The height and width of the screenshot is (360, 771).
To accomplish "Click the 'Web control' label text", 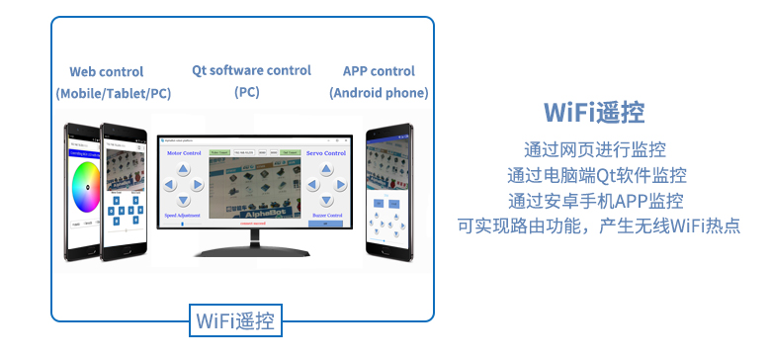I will click(x=106, y=72).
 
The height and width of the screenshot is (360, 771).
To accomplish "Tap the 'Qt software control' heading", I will click(x=251, y=71).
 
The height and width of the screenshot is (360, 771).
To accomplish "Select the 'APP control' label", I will click(x=379, y=71).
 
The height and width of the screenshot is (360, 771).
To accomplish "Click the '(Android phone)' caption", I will click(x=379, y=93).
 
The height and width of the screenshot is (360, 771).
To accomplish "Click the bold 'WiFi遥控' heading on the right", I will click(x=595, y=112).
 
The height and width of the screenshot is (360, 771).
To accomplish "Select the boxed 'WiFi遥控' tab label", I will click(x=235, y=320).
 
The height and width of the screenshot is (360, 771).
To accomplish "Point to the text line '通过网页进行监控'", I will click(x=595, y=150).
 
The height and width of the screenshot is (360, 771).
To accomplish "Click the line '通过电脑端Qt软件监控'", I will click(x=595, y=175).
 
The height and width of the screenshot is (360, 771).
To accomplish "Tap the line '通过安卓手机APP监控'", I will click(x=595, y=200).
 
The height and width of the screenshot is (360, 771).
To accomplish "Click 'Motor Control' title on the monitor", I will click(x=184, y=153).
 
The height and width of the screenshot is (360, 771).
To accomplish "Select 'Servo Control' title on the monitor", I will click(x=326, y=153).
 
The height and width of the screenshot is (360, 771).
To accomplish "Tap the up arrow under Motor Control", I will click(x=184, y=170).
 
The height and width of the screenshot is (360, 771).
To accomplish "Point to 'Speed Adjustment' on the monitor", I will click(x=182, y=214).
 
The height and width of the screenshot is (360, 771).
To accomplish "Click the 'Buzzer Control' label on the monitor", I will click(x=326, y=214).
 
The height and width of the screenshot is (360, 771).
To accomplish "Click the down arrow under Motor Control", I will click(x=184, y=198).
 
